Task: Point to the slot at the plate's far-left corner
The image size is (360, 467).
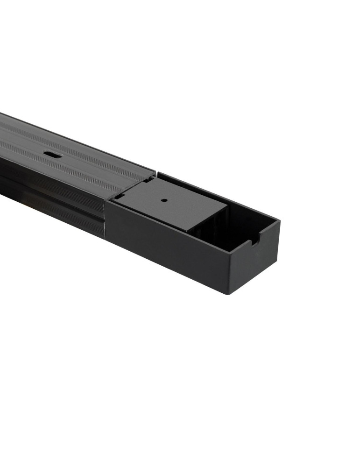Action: [148, 178]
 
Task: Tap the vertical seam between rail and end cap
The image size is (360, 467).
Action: [106, 219]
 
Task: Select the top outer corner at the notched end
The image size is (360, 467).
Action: [279, 221]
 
